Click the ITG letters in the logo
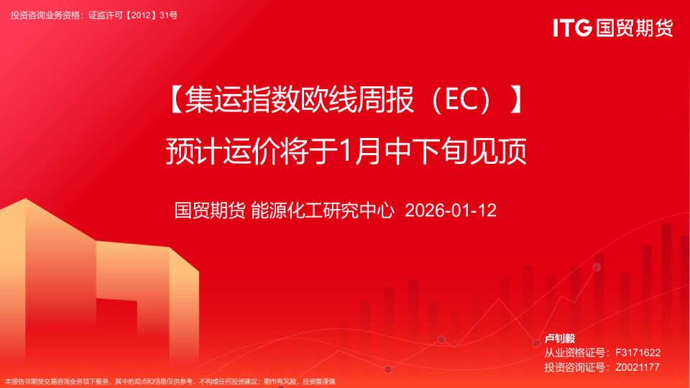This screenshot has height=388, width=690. tap(572, 28)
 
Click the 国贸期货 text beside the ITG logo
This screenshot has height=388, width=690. tap(634, 28)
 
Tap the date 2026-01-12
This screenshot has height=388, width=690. tap(451, 211)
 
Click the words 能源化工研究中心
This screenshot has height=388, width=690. tap(323, 211)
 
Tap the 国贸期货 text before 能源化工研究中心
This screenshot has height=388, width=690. tap(210, 211)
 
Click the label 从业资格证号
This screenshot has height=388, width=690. tap(571, 353)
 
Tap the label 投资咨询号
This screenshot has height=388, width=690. tap(571, 367)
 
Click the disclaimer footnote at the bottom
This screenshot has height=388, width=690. tap(170, 382)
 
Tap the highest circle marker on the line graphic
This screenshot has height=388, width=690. tap(597, 267)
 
